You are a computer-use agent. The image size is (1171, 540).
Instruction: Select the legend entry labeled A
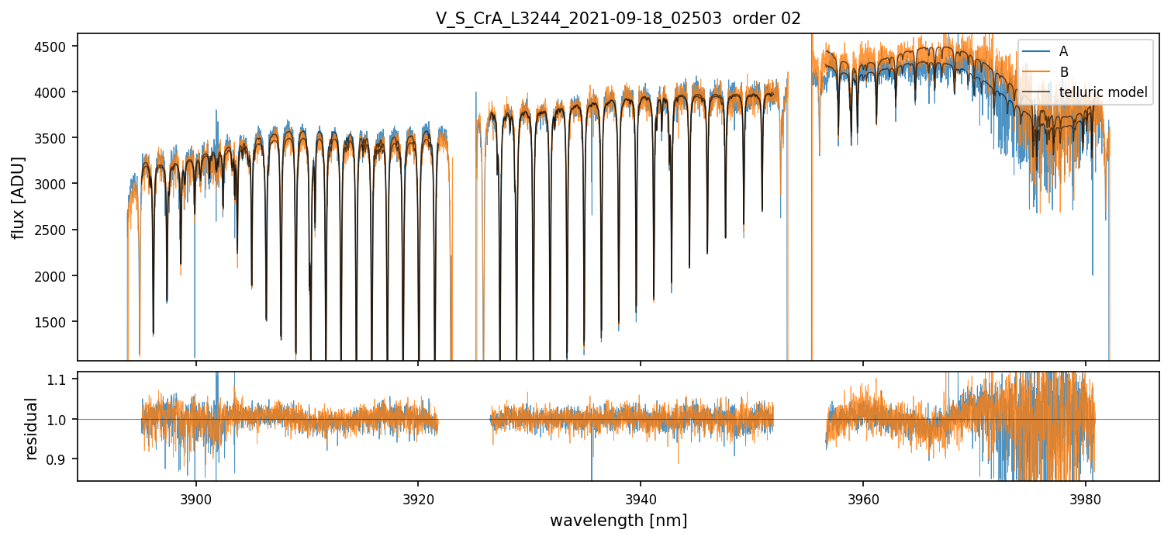(x=1063, y=51)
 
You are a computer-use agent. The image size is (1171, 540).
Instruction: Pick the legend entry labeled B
(x=1063, y=72)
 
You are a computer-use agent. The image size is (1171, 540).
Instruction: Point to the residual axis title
(x=31, y=428)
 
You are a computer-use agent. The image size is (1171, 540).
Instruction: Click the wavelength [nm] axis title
(x=618, y=520)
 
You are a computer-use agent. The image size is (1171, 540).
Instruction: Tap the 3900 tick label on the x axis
(x=195, y=499)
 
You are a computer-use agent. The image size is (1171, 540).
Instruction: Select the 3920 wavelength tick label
(x=418, y=499)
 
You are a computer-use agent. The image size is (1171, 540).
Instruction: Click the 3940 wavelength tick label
(x=641, y=499)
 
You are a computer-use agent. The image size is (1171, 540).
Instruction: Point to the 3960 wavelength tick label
(x=863, y=499)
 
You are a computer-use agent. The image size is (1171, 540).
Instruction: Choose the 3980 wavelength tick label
(x=1086, y=499)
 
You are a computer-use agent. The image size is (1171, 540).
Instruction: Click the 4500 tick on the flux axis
(x=54, y=46)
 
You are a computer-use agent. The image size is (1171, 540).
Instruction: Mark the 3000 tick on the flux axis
(x=54, y=184)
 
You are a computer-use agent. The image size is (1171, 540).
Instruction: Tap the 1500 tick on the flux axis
(x=54, y=322)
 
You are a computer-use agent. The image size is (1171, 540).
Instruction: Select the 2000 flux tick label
(x=54, y=276)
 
